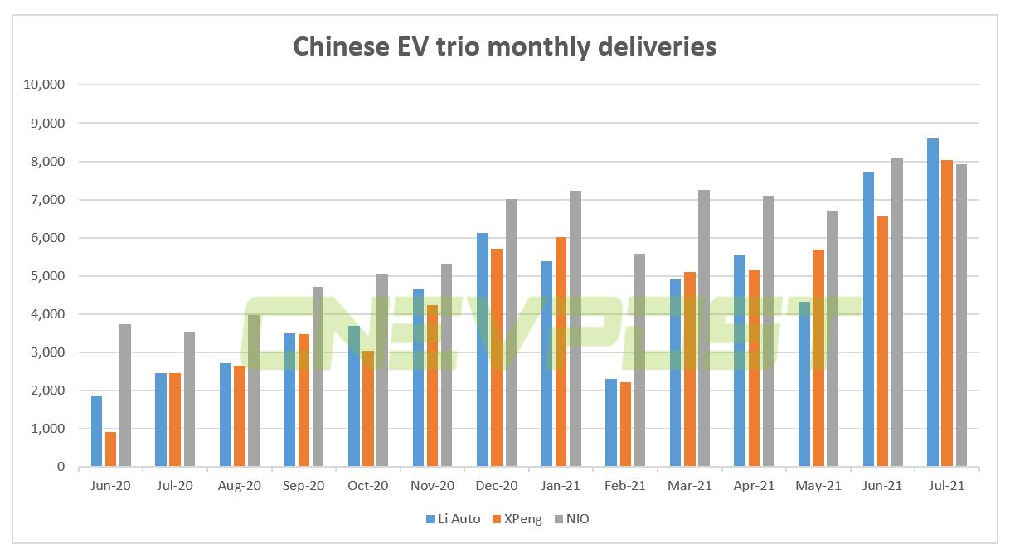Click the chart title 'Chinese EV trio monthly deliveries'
pos(504,46)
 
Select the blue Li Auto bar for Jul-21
pos(933,303)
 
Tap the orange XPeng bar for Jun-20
pos(110,449)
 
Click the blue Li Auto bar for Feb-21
pos(611,423)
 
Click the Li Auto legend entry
pos(453,519)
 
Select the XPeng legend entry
pos(518,519)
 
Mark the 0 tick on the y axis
pos(61,467)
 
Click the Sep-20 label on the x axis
pos(303,486)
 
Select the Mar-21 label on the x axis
pos(689,486)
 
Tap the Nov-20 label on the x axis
pos(432,486)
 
